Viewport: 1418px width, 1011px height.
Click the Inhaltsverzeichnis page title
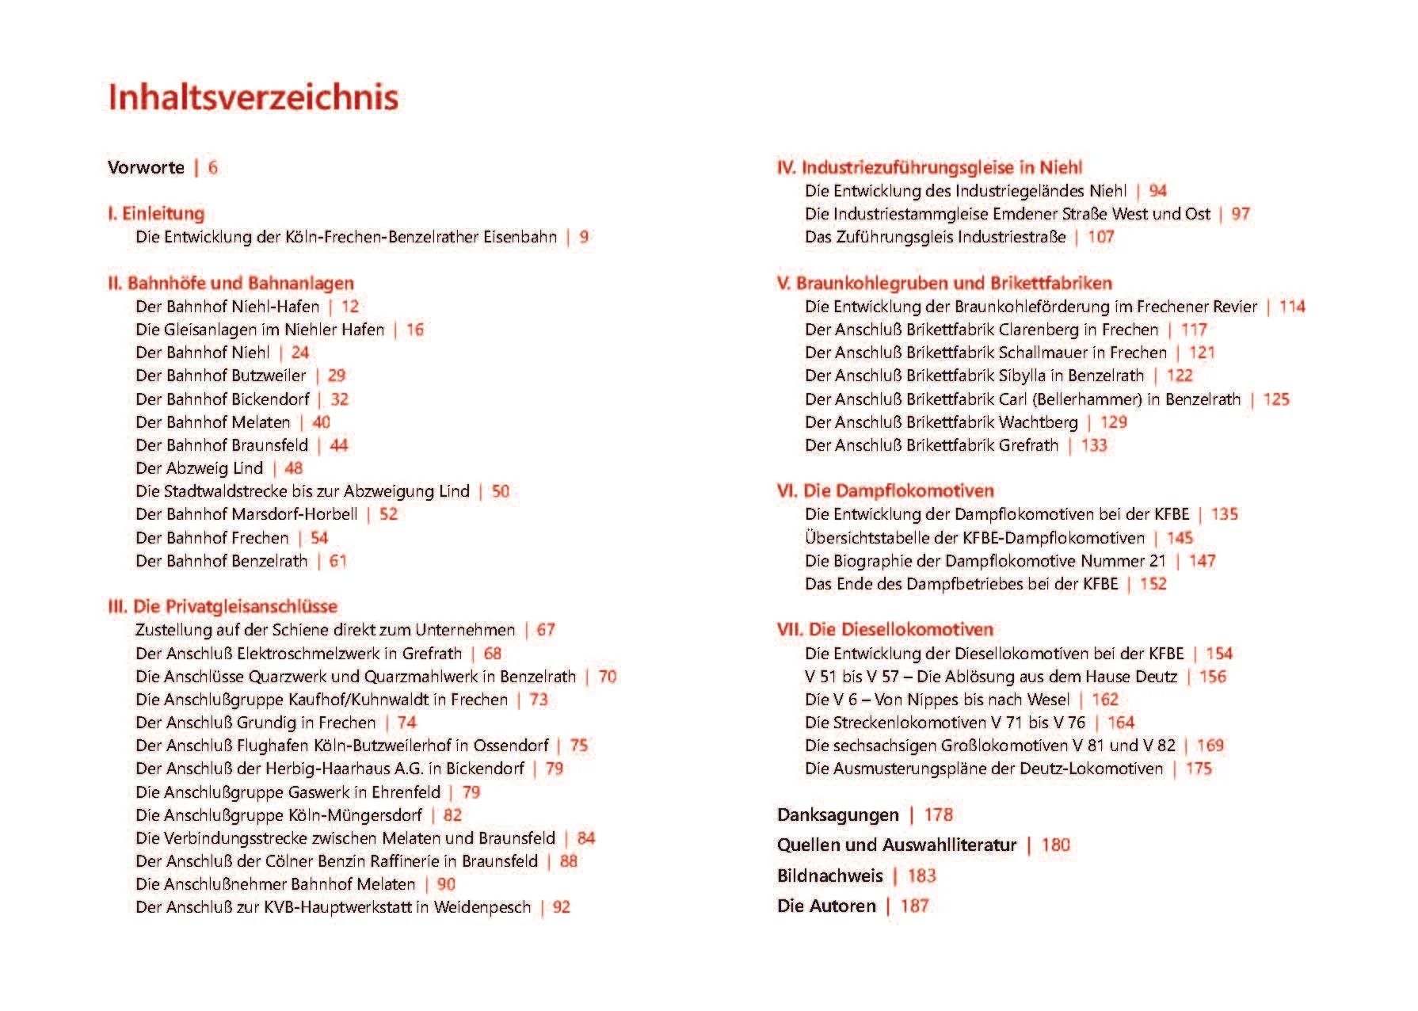pyautogui.click(x=253, y=97)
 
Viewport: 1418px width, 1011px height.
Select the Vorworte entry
pyautogui.click(x=146, y=168)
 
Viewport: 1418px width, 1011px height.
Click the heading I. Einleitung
pyautogui.click(x=156, y=214)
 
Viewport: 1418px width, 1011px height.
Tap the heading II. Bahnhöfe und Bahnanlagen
pyautogui.click(x=231, y=284)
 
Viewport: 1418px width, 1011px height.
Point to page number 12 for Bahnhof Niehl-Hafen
pyautogui.click(x=350, y=307)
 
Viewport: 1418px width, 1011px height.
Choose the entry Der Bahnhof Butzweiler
pyautogui.click(x=220, y=376)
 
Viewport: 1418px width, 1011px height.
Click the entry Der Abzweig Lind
pyautogui.click(x=199, y=468)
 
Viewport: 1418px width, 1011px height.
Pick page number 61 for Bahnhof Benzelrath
pyautogui.click(x=338, y=561)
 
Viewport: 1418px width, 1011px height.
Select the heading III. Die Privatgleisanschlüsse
pyautogui.click(x=223, y=607)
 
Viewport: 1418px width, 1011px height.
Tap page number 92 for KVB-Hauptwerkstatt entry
pyautogui.click(x=561, y=907)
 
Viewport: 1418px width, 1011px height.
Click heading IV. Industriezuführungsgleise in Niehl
pyautogui.click(x=929, y=168)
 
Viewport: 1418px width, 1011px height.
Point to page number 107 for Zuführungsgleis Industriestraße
pyautogui.click(x=1100, y=237)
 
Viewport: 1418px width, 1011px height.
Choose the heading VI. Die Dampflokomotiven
pyautogui.click(x=885, y=491)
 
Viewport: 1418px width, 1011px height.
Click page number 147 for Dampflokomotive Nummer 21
pyautogui.click(x=1202, y=561)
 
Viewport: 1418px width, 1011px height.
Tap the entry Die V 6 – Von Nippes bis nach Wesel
pyautogui.click(x=937, y=700)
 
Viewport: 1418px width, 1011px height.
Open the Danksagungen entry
pyautogui.click(x=838, y=815)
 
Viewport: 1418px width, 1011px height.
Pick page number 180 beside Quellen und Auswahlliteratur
pyautogui.click(x=1055, y=845)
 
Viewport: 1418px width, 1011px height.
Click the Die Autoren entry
pyautogui.click(x=826, y=906)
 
